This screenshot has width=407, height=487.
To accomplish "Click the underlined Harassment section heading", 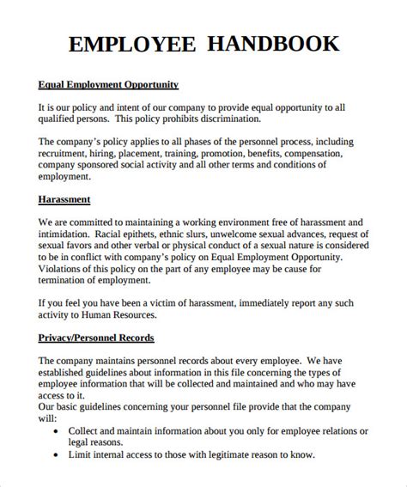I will click(65, 199).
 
